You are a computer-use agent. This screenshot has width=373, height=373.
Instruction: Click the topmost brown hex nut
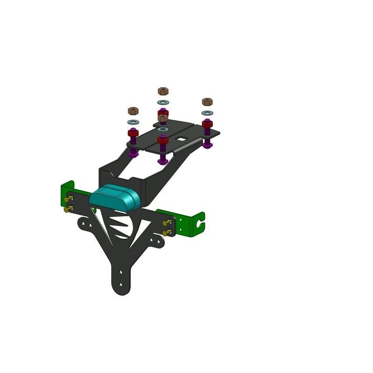pos(162,90)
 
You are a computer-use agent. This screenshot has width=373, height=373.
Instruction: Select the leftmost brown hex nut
pos(133,111)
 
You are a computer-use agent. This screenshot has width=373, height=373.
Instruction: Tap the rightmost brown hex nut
pos(207,102)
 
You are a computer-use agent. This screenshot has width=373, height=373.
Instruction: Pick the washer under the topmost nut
pos(162,102)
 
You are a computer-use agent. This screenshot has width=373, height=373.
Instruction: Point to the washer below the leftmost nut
pos(133,122)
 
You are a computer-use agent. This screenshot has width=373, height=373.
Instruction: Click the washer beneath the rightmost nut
pos(207,113)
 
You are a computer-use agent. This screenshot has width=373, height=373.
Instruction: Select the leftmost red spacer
pos(133,133)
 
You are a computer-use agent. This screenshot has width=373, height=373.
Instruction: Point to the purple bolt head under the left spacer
pos(133,153)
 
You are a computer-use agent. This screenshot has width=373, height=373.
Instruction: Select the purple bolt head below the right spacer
pos(207,145)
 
